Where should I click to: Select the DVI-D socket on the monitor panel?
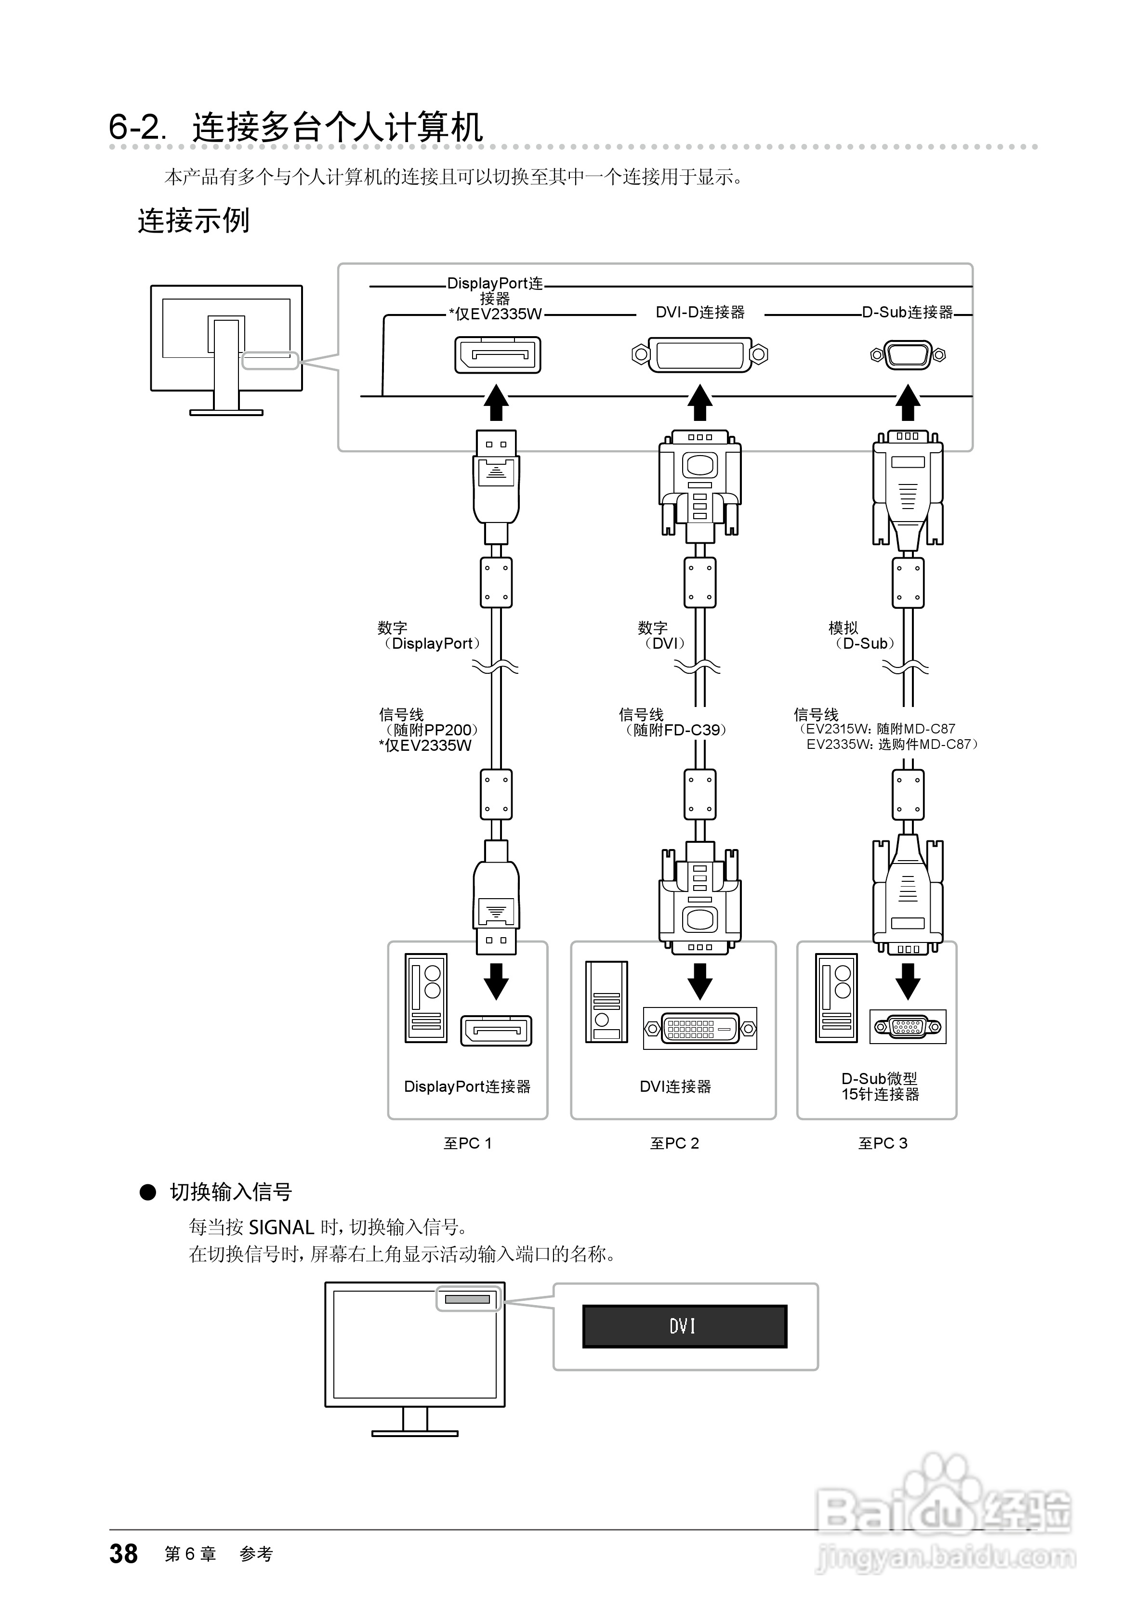point(699,354)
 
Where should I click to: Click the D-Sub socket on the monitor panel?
point(908,354)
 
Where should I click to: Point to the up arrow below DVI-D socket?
point(699,403)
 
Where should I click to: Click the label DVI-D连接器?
point(699,312)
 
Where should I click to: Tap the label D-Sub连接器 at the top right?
point(908,312)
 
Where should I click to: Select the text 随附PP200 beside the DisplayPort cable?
point(431,730)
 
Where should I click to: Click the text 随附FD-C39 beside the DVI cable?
point(676,730)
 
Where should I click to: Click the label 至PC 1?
point(467,1143)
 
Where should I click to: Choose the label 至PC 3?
point(883,1143)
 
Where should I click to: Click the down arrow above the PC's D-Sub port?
point(908,981)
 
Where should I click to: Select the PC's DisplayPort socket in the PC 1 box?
point(496,1031)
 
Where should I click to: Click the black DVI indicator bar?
point(684,1326)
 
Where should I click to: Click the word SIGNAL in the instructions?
point(281,1227)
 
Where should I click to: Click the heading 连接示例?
point(193,221)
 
